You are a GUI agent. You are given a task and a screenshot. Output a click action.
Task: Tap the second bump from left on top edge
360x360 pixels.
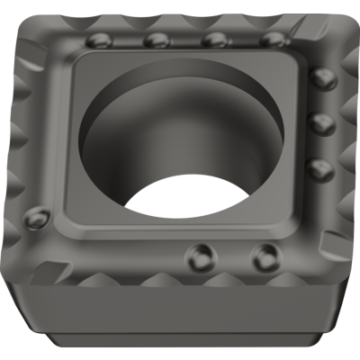157,40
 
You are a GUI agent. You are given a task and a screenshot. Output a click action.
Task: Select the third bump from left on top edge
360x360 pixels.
214,40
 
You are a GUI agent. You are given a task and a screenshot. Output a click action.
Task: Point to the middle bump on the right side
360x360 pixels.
317,123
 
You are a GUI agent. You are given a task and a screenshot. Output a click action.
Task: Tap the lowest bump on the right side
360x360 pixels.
314,167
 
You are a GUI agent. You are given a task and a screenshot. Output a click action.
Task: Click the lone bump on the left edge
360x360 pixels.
39,217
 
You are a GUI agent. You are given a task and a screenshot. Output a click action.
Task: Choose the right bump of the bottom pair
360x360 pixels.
263,255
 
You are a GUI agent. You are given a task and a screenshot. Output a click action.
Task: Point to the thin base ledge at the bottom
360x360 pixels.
180,346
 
